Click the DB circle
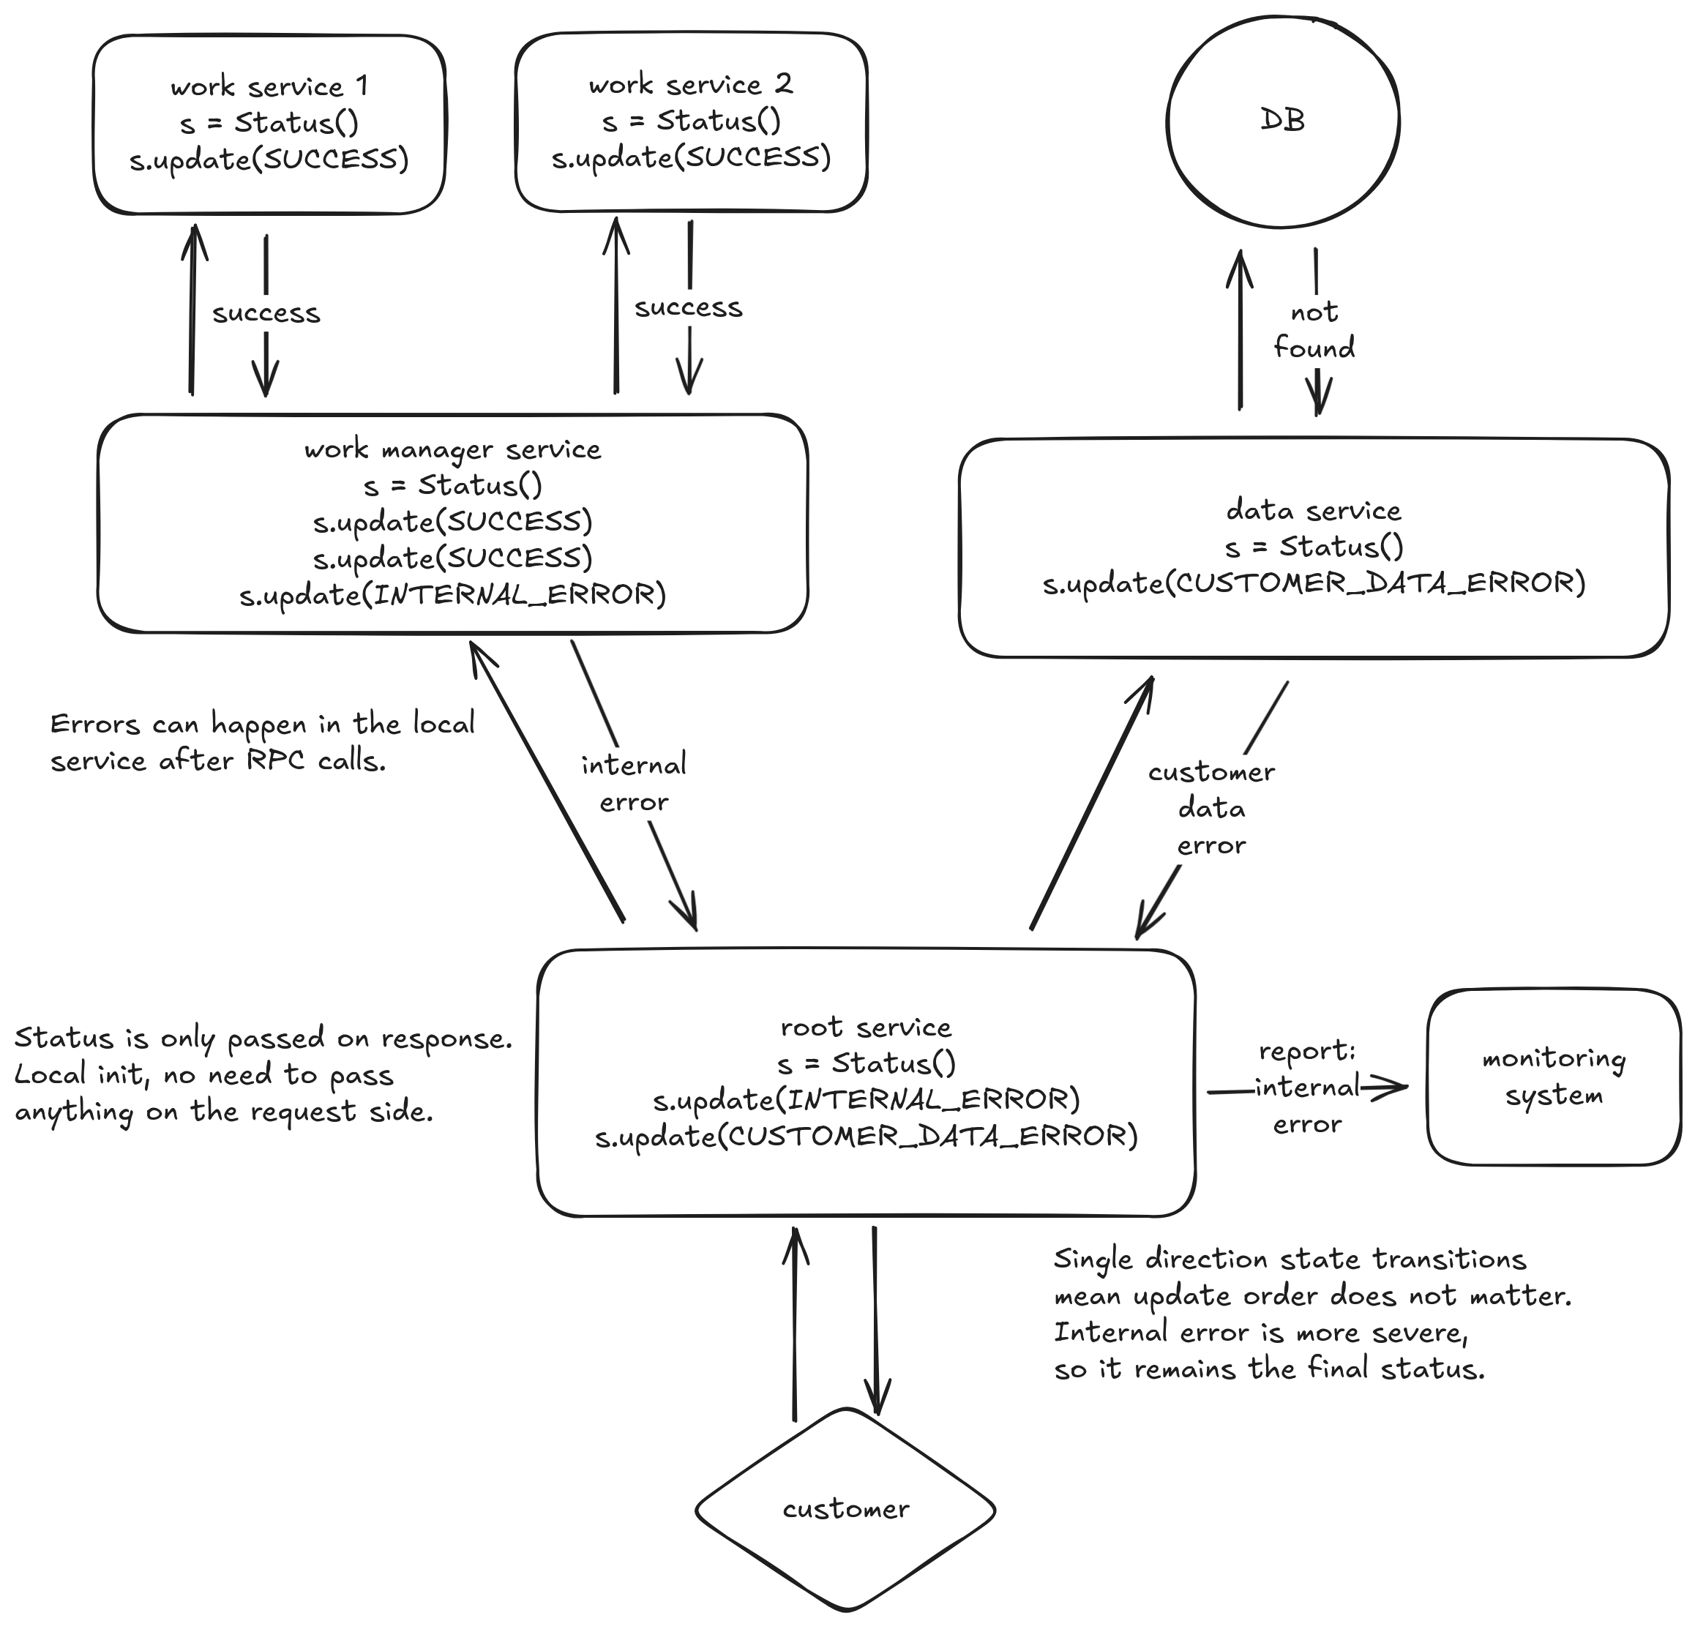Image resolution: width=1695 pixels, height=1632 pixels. click(1282, 121)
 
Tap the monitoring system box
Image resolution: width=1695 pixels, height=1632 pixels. click(1553, 1077)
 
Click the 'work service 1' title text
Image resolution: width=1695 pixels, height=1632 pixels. click(269, 86)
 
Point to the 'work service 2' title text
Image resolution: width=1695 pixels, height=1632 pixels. click(690, 85)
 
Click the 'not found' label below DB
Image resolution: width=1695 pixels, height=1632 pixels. click(1314, 330)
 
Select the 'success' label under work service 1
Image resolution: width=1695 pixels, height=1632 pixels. click(266, 313)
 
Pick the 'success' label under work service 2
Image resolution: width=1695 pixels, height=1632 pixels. click(689, 308)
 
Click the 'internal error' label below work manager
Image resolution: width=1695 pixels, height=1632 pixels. click(634, 784)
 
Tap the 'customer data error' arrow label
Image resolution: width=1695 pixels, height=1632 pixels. click(1211, 809)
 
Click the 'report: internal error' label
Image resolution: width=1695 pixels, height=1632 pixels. click(1306, 1087)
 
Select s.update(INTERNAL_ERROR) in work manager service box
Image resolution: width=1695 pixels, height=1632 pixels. click(452, 595)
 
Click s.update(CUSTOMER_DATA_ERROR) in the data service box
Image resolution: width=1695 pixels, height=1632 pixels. click(1314, 584)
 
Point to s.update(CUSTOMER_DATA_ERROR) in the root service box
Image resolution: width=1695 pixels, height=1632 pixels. click(866, 1136)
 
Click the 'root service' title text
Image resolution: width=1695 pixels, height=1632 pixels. click(866, 1028)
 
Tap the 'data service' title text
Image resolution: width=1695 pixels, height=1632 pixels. click(1314, 511)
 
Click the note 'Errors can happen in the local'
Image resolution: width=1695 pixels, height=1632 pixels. click(262, 724)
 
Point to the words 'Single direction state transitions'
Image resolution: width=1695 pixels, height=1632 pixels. click(1290, 1259)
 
